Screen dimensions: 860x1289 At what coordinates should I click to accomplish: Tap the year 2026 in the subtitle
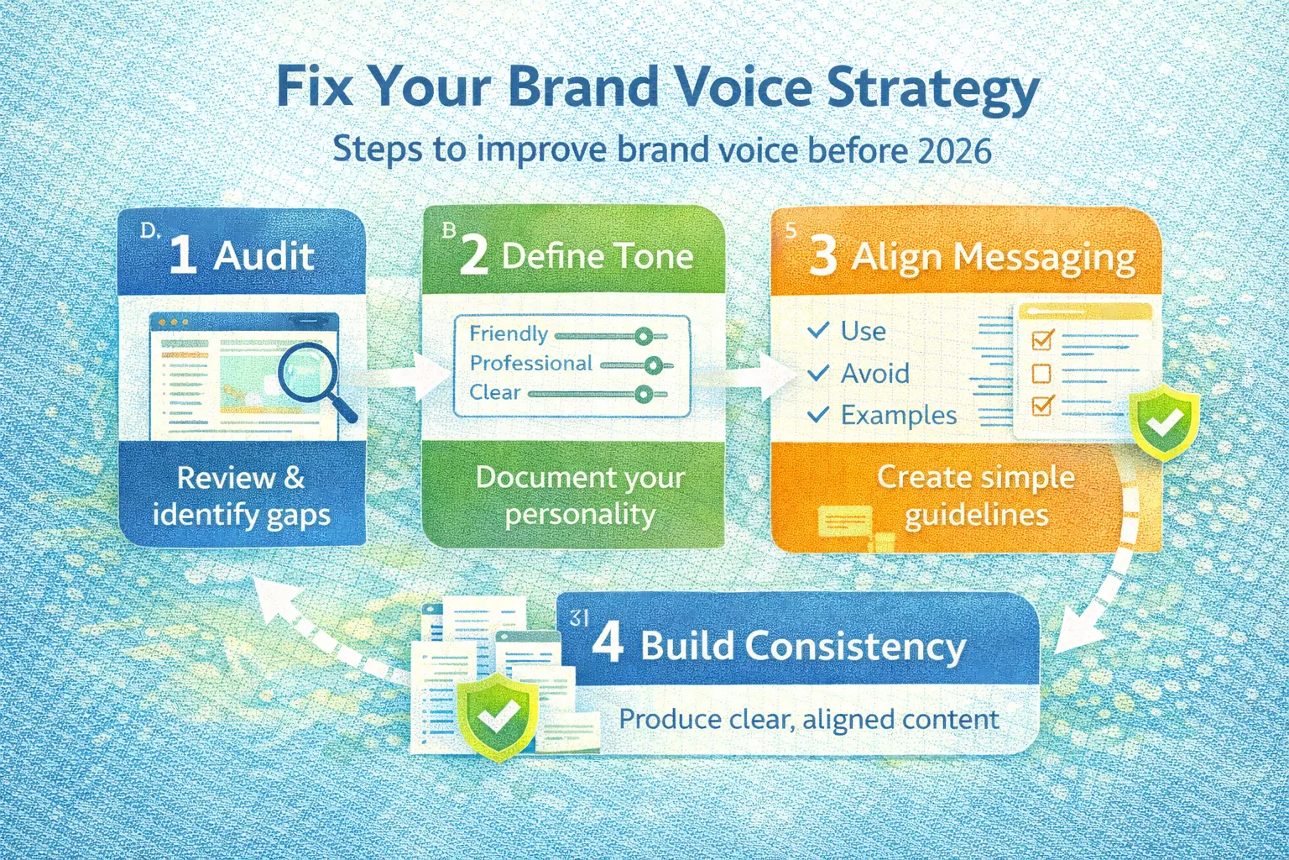click(x=955, y=151)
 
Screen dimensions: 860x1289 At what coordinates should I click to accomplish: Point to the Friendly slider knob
click(x=644, y=337)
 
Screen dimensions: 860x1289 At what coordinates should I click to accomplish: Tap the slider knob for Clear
click(x=644, y=394)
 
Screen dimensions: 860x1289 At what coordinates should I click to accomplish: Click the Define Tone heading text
click(x=597, y=255)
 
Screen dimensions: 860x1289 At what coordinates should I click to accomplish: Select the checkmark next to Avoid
click(x=818, y=373)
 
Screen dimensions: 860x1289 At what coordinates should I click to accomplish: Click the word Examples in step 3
click(x=898, y=415)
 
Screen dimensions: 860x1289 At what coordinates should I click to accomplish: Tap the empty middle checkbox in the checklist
click(x=1041, y=373)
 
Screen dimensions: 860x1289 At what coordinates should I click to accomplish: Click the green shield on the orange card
click(x=1164, y=424)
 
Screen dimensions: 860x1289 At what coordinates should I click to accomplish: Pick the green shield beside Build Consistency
click(x=498, y=715)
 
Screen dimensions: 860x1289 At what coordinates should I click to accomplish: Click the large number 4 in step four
click(x=608, y=643)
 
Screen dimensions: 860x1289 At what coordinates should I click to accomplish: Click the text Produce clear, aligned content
click(x=808, y=720)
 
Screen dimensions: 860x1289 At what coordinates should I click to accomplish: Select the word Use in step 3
click(x=863, y=331)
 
